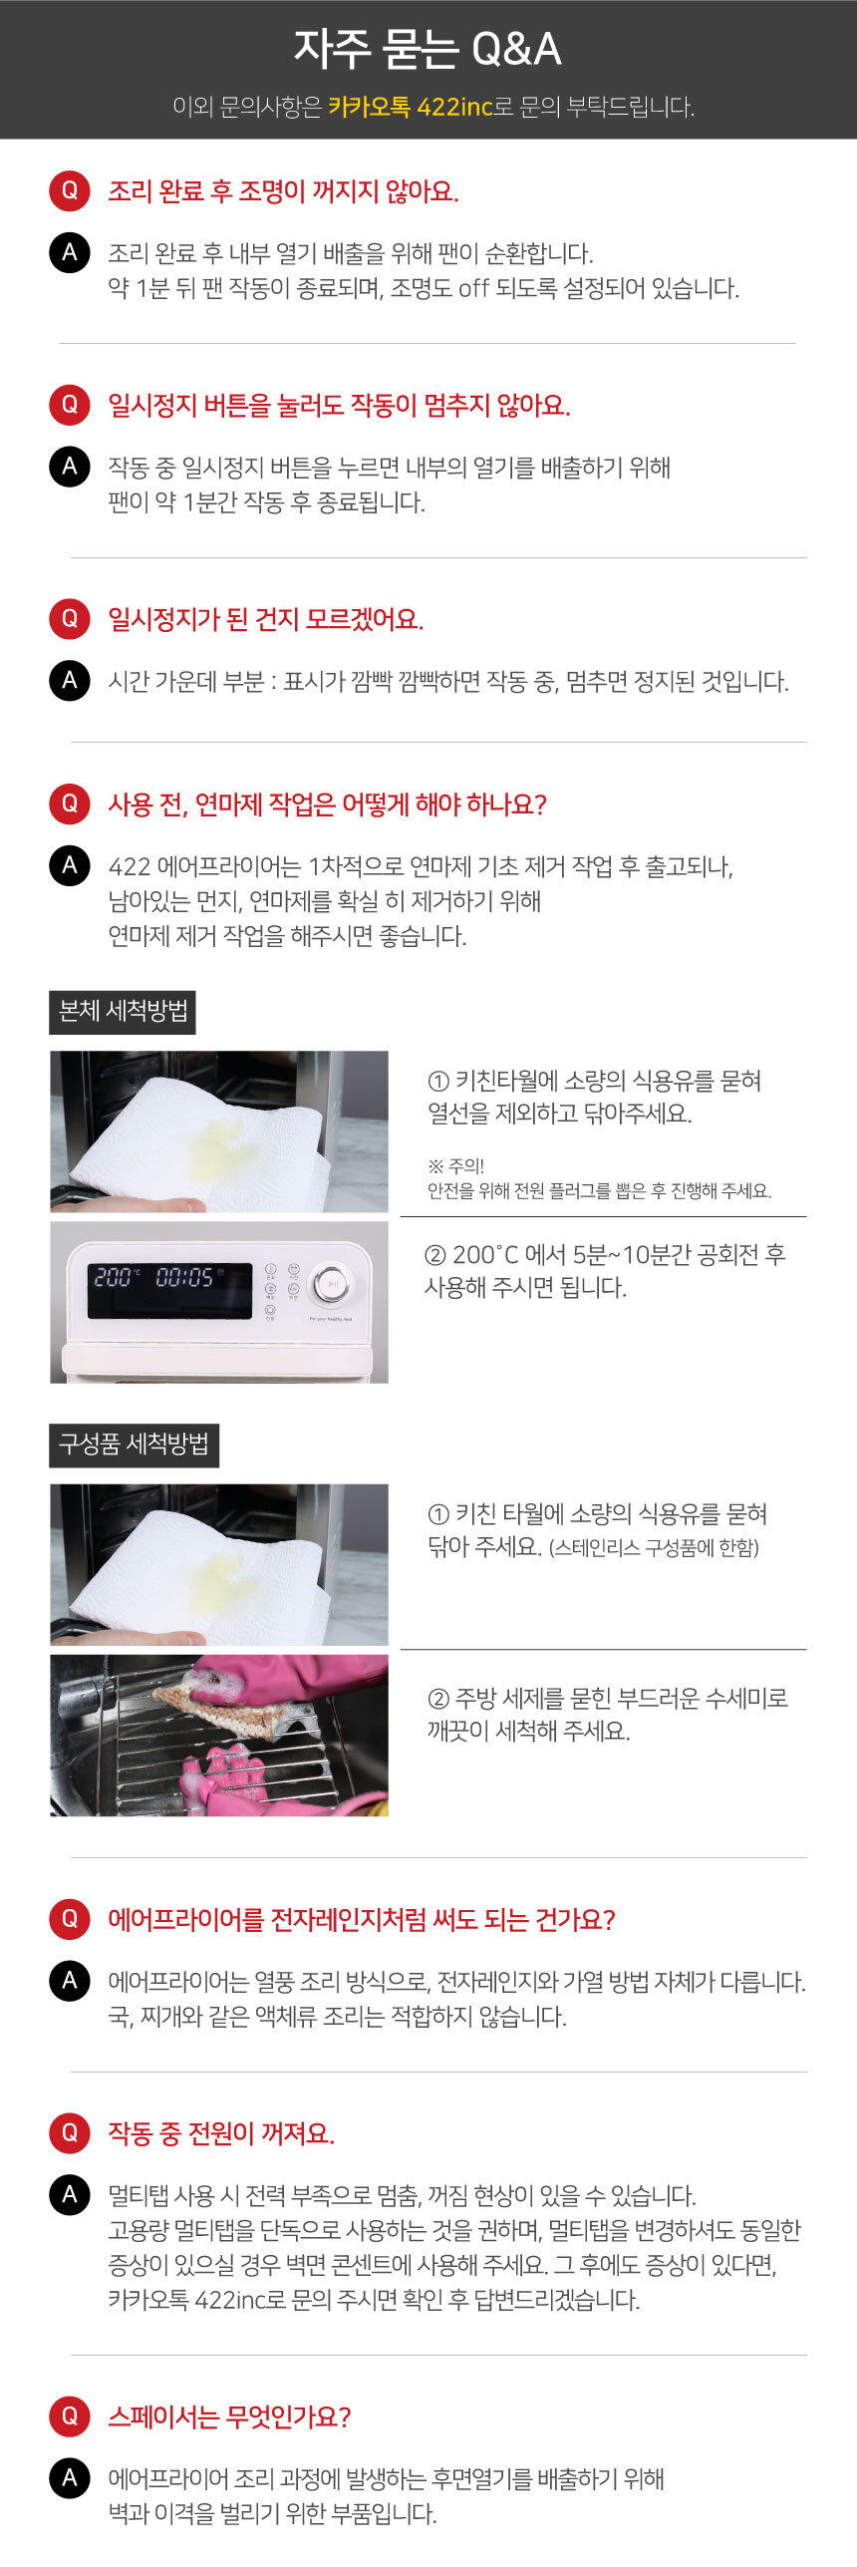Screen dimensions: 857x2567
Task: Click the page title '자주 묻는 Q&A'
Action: coord(428,49)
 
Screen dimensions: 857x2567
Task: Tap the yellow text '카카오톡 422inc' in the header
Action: coord(411,107)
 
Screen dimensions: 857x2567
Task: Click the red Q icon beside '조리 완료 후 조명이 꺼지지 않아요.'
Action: coord(70,190)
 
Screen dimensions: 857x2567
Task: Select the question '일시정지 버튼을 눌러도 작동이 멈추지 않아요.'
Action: coord(339,406)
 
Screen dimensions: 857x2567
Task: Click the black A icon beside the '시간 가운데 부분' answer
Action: coord(70,681)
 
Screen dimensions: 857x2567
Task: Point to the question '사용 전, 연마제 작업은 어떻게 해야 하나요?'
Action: coord(327,804)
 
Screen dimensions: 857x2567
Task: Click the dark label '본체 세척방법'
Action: coord(123,1012)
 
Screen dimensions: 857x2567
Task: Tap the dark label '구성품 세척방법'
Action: coord(134,1444)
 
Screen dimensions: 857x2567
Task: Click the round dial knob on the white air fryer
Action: coord(330,1285)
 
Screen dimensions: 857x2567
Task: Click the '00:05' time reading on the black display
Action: coord(185,1277)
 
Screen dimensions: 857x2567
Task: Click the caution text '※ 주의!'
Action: coord(455,1165)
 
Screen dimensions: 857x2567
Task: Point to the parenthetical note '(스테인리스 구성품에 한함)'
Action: coord(654,1548)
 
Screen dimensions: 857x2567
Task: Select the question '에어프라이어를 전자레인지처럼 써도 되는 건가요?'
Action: coord(362,1919)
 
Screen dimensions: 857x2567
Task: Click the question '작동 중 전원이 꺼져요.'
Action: coord(221,2132)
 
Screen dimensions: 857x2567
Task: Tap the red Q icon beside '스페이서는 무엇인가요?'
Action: coord(70,2415)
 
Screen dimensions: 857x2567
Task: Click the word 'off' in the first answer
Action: coord(474,288)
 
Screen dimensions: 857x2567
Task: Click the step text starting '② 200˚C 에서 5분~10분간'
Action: coord(605,1270)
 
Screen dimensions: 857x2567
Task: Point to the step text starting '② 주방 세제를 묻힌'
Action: coord(607,1714)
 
